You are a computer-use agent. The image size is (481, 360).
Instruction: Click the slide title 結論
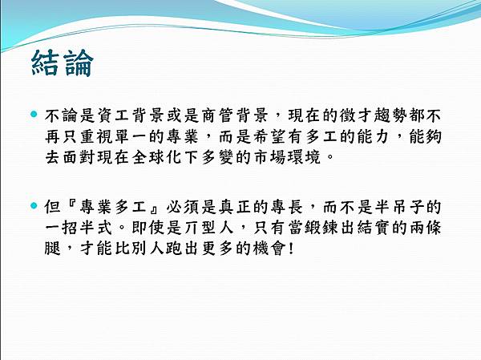pos(62,63)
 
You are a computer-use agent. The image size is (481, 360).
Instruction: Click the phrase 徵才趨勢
pos(366,118)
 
